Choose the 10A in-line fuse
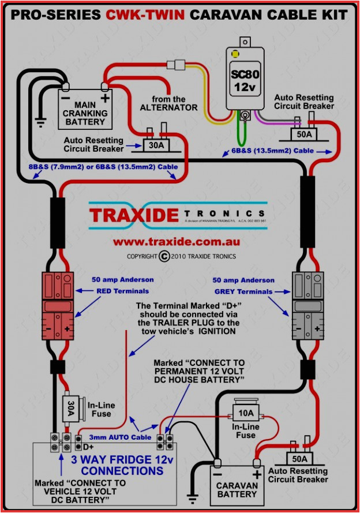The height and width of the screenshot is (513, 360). pos(246,413)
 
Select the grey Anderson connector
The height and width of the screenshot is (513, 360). pos(305,306)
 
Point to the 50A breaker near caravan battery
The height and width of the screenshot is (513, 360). pos(300,459)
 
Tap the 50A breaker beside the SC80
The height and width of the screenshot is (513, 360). pos(304,134)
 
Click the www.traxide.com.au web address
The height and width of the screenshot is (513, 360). pos(176,242)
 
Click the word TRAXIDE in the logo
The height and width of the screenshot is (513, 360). pos(133,215)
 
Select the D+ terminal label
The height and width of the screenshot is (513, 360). pos(88,447)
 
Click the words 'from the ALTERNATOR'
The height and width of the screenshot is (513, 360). pos(169,103)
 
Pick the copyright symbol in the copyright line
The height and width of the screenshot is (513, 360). pos(164,256)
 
